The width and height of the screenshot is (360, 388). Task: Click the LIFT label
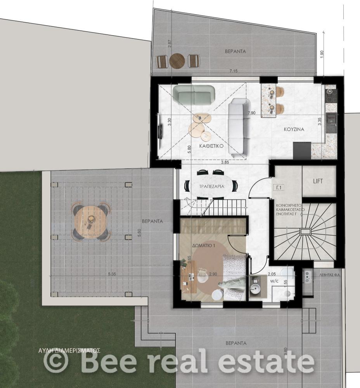click(318, 181)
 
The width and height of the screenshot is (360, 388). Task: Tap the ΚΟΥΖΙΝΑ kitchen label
click(294, 129)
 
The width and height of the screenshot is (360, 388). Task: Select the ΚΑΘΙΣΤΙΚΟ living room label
click(211, 146)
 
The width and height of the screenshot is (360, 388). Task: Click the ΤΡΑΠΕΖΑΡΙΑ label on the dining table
click(212, 186)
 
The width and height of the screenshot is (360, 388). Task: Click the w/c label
click(273, 281)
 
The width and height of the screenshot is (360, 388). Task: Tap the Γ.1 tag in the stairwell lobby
click(279, 188)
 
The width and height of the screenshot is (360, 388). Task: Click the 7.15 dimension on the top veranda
click(234, 71)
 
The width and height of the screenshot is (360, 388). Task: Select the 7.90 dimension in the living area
click(252, 113)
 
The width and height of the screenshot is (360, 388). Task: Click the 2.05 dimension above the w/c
click(272, 274)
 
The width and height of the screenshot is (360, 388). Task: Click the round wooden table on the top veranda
click(177, 61)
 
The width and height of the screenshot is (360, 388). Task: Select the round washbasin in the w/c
click(255, 289)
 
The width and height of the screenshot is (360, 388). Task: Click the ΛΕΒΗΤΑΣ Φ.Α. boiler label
click(330, 275)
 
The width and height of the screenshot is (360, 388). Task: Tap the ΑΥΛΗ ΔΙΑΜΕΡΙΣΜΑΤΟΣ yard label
click(69, 351)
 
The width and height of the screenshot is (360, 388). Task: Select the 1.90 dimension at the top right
click(322, 54)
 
